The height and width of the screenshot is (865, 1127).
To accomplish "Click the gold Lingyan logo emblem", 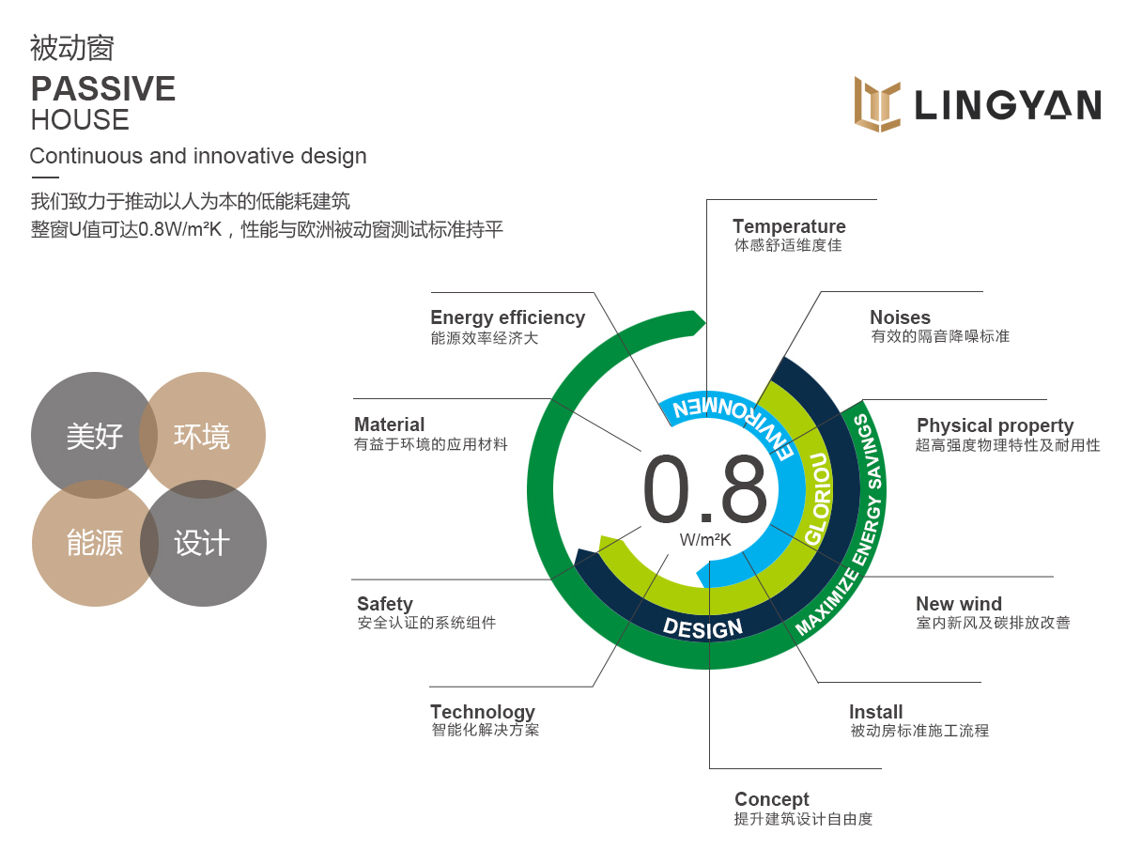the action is (877, 104).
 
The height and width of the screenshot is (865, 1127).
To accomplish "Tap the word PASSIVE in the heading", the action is (103, 88).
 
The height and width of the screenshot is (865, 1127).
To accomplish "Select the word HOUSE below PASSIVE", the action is (80, 120).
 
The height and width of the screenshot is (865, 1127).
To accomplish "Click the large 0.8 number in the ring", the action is (704, 488).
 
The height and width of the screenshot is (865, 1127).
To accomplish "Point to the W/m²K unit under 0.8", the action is (704, 540).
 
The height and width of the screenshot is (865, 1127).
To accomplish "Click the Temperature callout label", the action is (789, 226).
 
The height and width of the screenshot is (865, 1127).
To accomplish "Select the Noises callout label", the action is (900, 317).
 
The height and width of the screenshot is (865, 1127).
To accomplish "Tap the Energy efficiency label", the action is (508, 317).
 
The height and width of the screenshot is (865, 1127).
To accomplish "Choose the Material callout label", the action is (389, 425).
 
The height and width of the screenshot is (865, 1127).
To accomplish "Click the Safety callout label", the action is (385, 604).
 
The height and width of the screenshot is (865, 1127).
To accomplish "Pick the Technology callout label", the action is (483, 713).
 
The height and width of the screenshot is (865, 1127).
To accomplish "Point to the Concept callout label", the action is (772, 799).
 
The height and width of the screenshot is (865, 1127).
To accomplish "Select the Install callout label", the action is (875, 712).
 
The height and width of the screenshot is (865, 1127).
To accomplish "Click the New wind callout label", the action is (959, 604).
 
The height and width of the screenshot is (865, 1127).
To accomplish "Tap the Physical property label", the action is (995, 425).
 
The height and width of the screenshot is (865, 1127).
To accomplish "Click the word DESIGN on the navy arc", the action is (702, 628).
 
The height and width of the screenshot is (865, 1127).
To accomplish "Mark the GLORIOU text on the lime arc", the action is (820, 499).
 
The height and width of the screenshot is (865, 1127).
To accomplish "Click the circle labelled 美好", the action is (94, 435).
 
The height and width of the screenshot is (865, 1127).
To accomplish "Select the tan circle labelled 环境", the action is (202, 435).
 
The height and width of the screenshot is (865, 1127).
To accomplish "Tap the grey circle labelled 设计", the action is (203, 543).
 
